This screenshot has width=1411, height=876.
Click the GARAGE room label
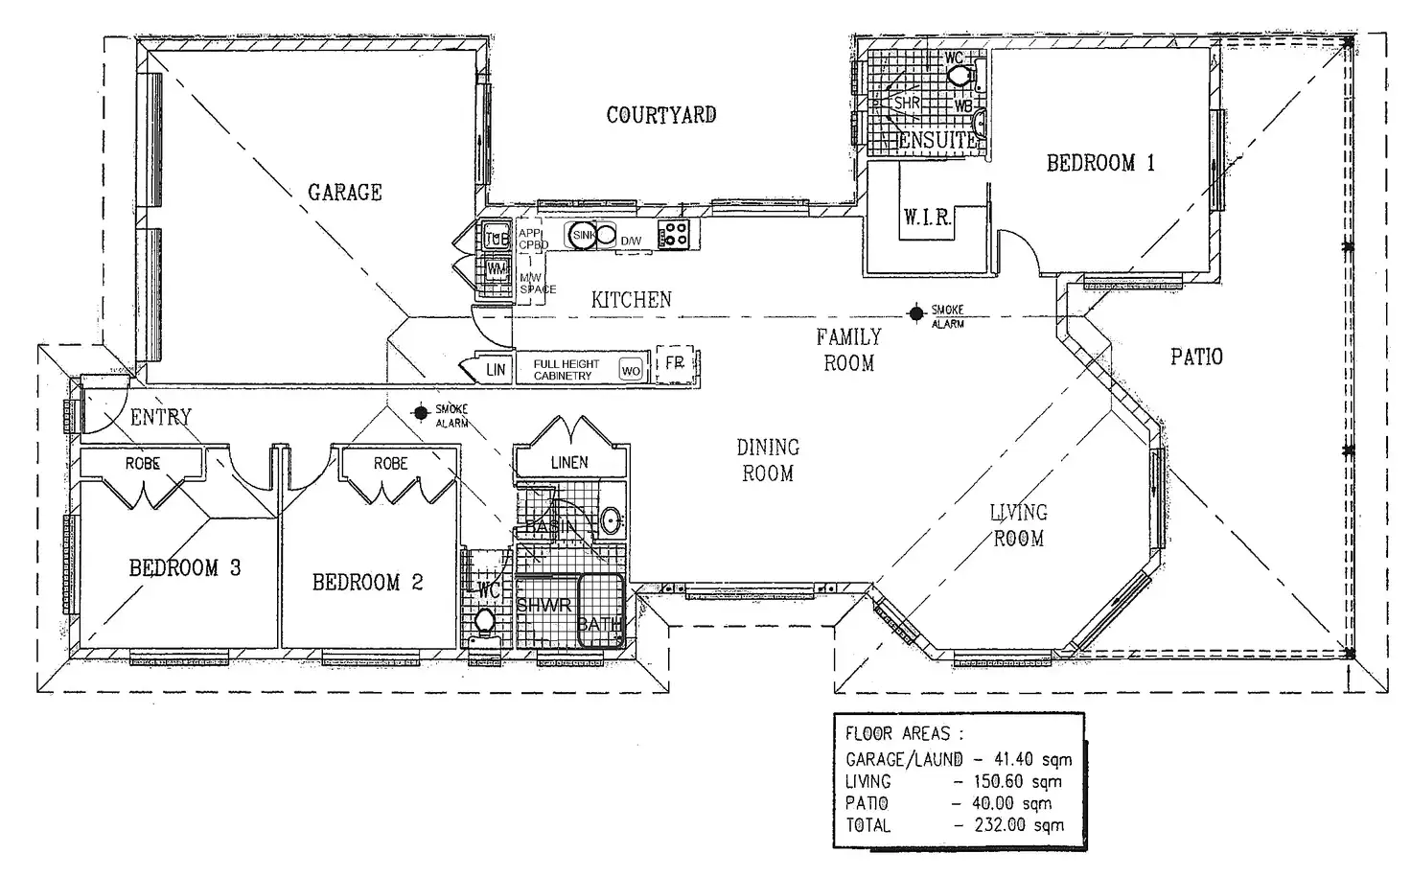click(x=344, y=193)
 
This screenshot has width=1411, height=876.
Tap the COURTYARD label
click(x=660, y=115)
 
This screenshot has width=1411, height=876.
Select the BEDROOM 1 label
click(x=1100, y=163)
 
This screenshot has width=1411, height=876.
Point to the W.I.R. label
click(x=926, y=218)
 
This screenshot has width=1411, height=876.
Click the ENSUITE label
click(x=937, y=140)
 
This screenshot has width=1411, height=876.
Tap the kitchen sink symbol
click(x=584, y=235)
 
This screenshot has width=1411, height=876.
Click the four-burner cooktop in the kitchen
click(x=674, y=233)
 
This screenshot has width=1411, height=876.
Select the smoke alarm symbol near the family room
click(x=916, y=312)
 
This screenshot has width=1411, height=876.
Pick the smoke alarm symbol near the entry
click(x=420, y=412)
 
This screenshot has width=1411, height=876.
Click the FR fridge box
click(x=674, y=364)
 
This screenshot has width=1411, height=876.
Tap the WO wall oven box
click(x=631, y=370)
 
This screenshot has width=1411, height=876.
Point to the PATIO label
click(x=1196, y=357)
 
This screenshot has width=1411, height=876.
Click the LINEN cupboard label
click(x=569, y=462)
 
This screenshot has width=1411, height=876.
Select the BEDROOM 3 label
click(x=185, y=568)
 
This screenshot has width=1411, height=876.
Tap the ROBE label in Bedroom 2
click(x=390, y=463)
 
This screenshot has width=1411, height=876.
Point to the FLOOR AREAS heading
click(x=904, y=734)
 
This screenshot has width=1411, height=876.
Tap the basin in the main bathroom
click(x=610, y=521)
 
